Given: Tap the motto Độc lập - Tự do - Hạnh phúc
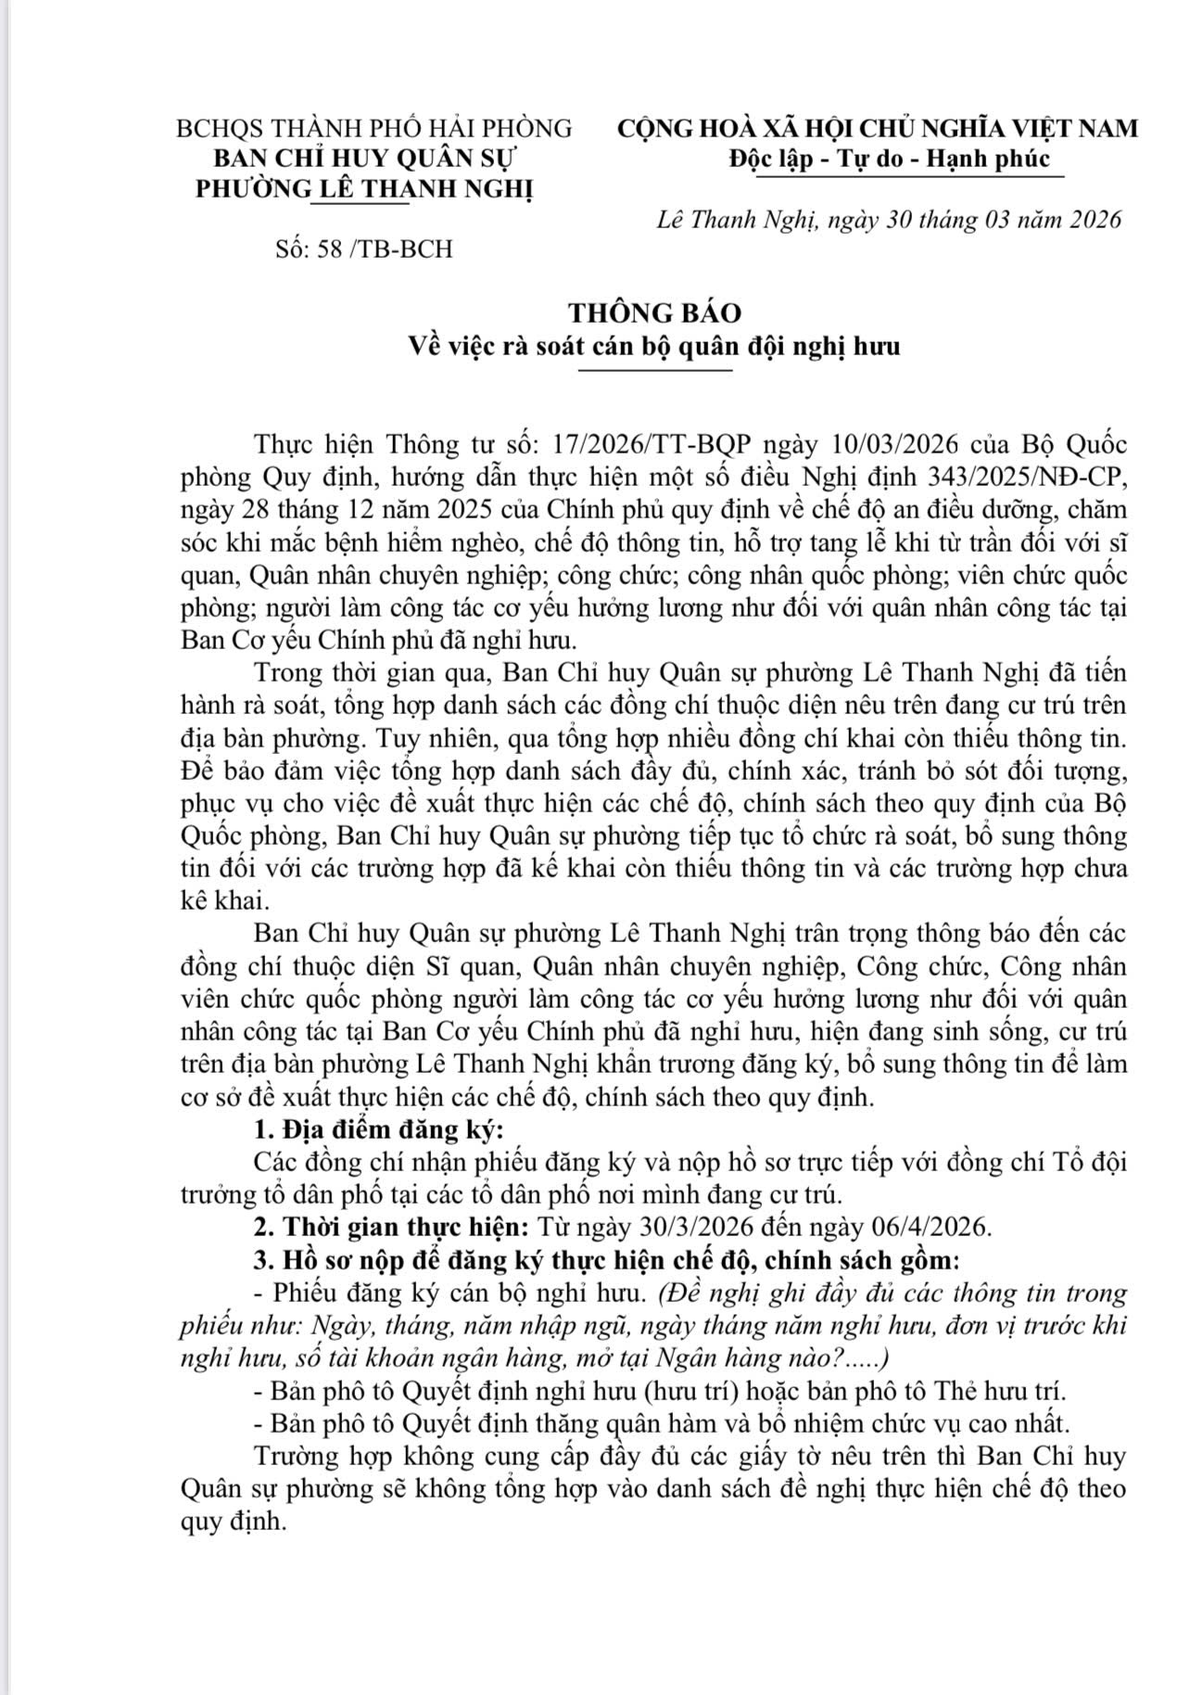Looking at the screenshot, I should [889, 159].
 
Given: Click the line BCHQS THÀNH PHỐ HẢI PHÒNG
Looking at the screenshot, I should [374, 128].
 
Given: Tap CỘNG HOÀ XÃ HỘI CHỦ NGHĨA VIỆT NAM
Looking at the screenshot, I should [878, 128].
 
